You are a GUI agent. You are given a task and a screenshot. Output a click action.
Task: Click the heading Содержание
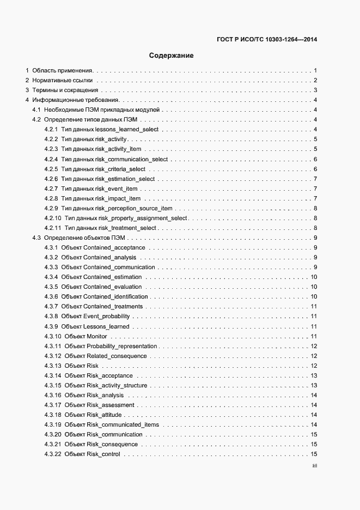[x=172, y=56]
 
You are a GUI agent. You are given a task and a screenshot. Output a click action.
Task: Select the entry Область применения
[x=63, y=71]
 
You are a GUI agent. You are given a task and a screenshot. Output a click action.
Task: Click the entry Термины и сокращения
[x=65, y=90]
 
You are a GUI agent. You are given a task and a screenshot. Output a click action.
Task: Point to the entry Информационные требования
[x=75, y=100]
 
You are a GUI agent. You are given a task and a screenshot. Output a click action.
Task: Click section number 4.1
[x=37, y=110]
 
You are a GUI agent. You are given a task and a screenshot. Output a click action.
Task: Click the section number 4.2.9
[x=51, y=208]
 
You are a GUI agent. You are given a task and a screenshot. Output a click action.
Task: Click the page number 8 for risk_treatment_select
[x=315, y=228]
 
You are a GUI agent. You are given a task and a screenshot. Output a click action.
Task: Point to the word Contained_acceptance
[x=114, y=247]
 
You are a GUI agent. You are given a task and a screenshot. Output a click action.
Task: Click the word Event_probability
[x=107, y=316]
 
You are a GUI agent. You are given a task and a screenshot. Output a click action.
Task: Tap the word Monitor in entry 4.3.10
[x=96, y=336]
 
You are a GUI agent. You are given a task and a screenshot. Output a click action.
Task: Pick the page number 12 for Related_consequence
[x=314, y=356]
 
